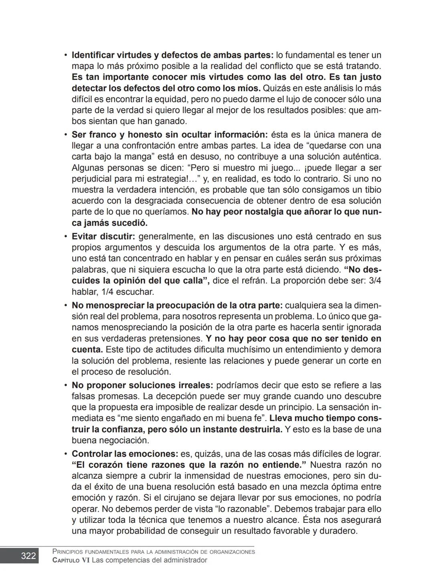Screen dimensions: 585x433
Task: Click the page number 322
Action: (28, 556)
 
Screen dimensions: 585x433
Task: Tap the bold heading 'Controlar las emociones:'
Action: (125, 454)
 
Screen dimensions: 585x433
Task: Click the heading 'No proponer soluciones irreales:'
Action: (142, 385)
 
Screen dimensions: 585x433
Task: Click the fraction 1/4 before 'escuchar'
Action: (109, 291)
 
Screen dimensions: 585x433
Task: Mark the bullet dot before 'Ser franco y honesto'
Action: (65, 135)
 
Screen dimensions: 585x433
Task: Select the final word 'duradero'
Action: (338, 531)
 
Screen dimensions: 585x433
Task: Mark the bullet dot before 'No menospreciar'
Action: (65, 306)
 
